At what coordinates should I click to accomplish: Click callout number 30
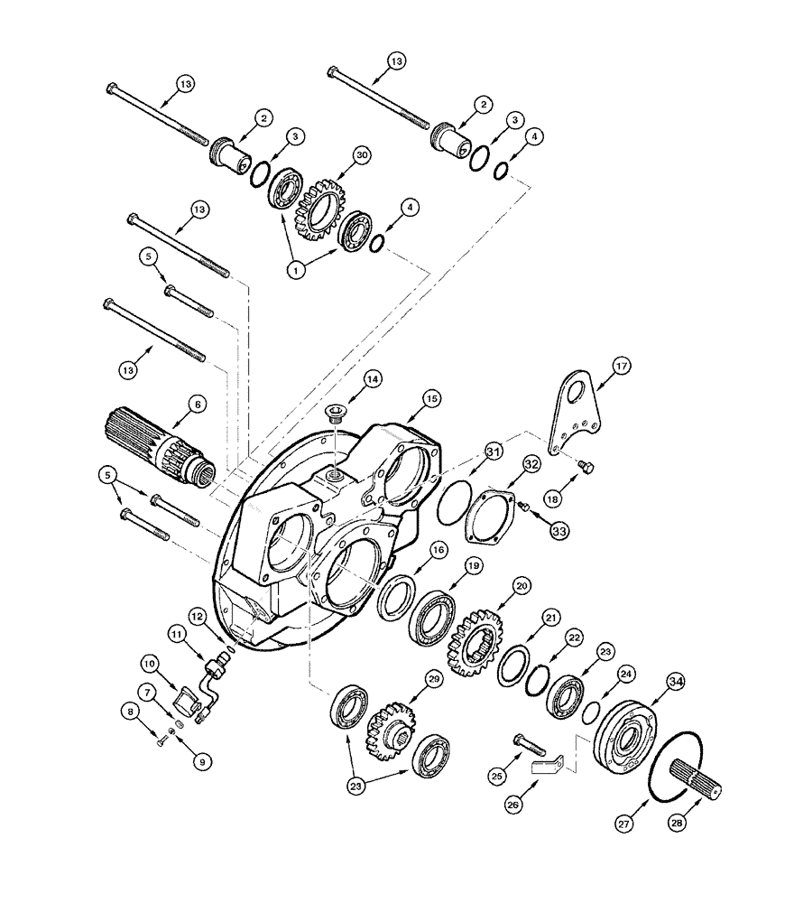pos(337,155)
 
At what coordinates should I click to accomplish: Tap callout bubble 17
pos(623,367)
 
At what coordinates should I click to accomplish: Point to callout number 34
pos(675,680)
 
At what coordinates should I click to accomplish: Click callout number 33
pos(559,532)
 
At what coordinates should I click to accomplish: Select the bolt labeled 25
pos(531,742)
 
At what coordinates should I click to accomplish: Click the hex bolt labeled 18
pos(586,467)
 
